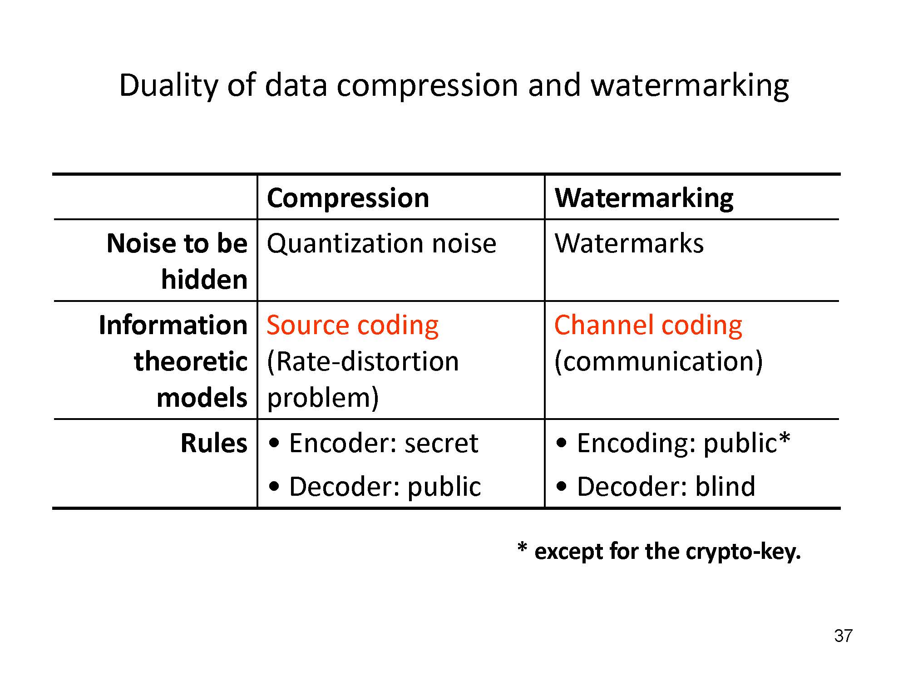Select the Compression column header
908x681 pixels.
click(348, 198)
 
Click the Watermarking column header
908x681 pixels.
click(644, 198)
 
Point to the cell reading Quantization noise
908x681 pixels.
click(381, 243)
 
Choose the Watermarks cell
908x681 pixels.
click(629, 243)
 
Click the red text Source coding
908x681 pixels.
click(353, 326)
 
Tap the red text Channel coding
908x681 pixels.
click(648, 326)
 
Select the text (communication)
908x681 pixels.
click(659, 362)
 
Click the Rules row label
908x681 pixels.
click(214, 443)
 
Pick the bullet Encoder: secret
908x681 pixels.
click(373, 443)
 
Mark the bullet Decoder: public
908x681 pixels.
click(375, 487)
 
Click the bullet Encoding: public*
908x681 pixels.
click(673, 443)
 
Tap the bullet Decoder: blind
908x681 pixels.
click(656, 487)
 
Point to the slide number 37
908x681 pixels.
click(843, 636)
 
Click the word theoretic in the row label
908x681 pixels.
click(191, 361)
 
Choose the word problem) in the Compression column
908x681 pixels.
click(323, 399)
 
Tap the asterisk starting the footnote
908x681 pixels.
click(522, 548)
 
